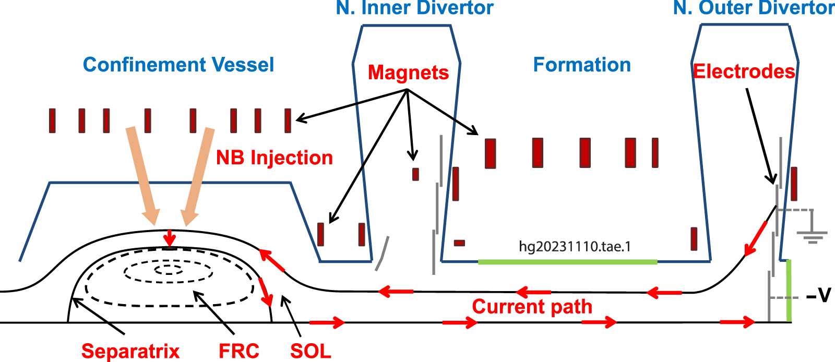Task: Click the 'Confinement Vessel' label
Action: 178,65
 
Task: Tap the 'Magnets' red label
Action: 408,73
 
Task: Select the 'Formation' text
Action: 582,65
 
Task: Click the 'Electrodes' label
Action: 744,71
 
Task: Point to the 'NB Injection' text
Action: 275,158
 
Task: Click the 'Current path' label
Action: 532,307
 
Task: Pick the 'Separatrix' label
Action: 130,351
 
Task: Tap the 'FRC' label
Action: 238,351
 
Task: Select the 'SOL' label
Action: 311,351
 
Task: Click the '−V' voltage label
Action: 818,296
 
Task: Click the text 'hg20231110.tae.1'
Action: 575,246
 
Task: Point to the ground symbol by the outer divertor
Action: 813,235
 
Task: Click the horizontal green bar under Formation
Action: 567,262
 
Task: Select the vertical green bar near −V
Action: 789,291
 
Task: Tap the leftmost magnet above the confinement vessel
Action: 52,120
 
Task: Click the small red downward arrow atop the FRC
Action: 169,239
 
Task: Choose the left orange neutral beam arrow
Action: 144,175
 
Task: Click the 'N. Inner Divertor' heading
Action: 414,8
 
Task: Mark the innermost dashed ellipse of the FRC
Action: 169,270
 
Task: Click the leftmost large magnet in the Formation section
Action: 490,153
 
